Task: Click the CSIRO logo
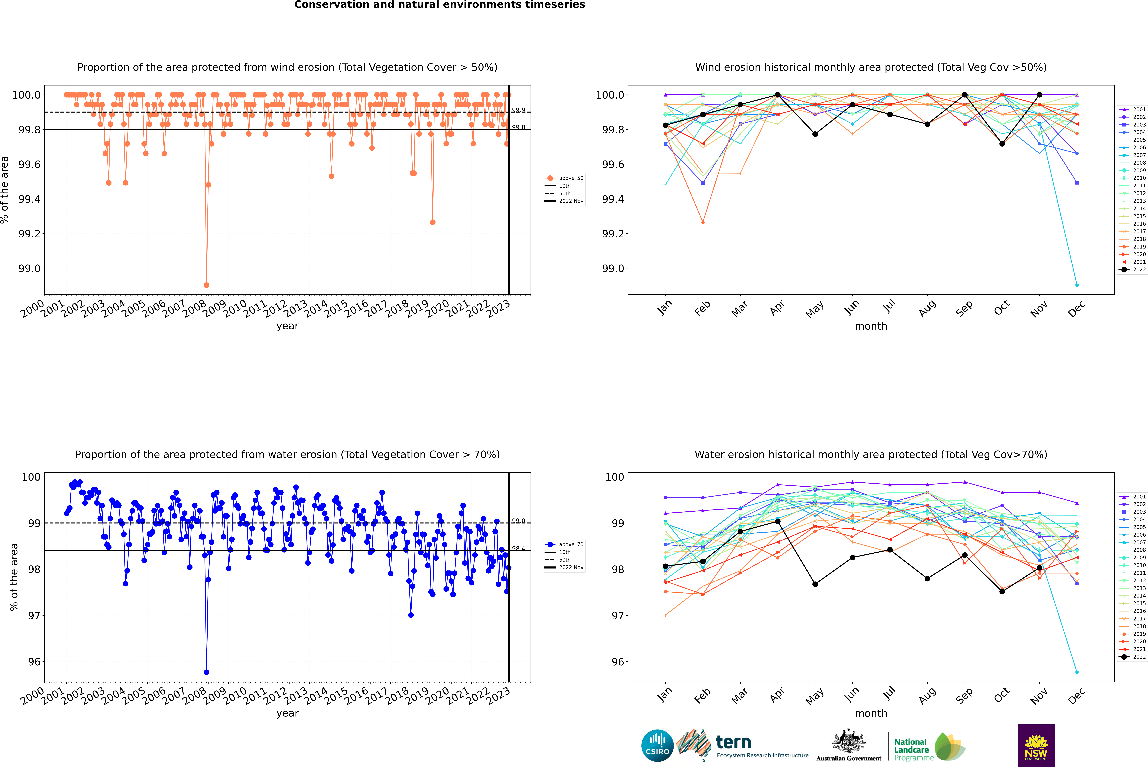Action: coord(657,746)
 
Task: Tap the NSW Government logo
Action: coord(1036,746)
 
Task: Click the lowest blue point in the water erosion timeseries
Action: coord(206,672)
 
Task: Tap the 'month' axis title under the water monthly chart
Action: coord(871,713)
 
